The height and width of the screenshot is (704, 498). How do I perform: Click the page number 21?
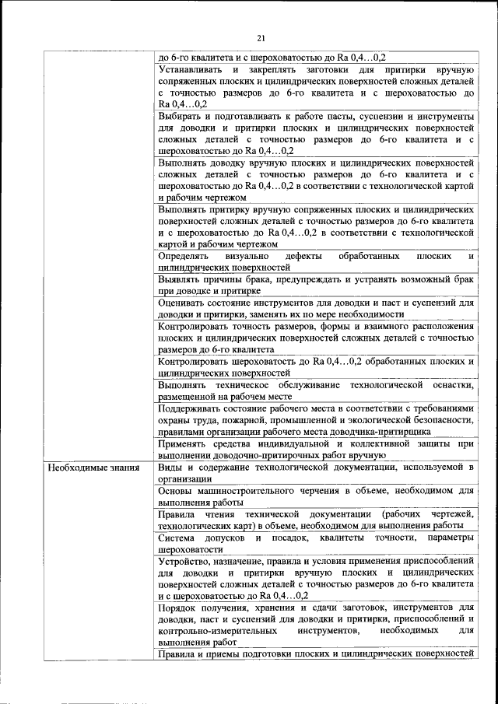[261, 39]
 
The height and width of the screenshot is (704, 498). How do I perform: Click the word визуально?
[247, 255]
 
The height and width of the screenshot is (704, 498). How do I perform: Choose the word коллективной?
[364, 443]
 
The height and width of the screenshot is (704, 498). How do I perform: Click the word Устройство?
[185, 561]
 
